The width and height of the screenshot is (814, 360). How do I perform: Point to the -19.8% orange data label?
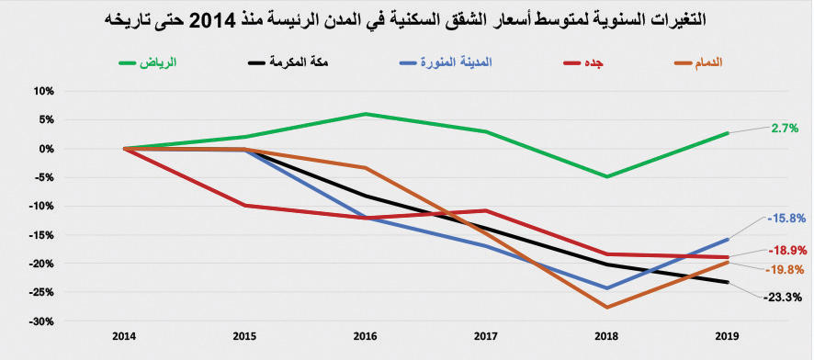click(x=784, y=269)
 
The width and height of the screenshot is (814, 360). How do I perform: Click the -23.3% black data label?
click(x=784, y=297)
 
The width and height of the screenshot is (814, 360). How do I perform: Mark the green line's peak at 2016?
click(x=366, y=114)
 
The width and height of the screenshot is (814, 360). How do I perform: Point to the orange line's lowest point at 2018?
click(x=607, y=307)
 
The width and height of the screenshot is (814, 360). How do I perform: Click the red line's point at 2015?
click(x=244, y=206)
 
